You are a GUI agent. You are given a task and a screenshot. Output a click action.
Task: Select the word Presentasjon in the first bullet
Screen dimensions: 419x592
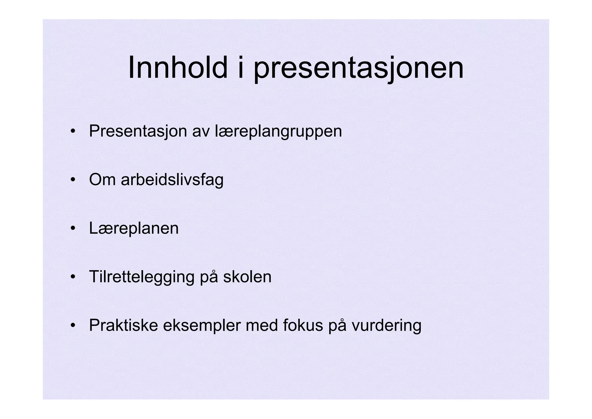(138, 131)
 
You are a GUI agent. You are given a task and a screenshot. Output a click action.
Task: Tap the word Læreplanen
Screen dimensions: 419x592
(134, 228)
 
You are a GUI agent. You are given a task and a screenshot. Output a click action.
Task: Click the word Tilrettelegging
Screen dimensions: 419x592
(142, 277)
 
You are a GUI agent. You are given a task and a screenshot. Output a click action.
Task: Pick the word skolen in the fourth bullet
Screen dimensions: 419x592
(247, 277)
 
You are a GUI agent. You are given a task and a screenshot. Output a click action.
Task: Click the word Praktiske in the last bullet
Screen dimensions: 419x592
(123, 325)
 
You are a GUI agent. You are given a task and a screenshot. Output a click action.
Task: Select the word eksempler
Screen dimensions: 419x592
(202, 326)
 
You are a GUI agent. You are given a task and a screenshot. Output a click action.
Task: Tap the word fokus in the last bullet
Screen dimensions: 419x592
(303, 325)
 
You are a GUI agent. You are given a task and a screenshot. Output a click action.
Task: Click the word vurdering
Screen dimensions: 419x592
(386, 326)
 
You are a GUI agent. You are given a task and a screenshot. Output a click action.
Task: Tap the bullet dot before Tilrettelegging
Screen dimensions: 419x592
(73, 277)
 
